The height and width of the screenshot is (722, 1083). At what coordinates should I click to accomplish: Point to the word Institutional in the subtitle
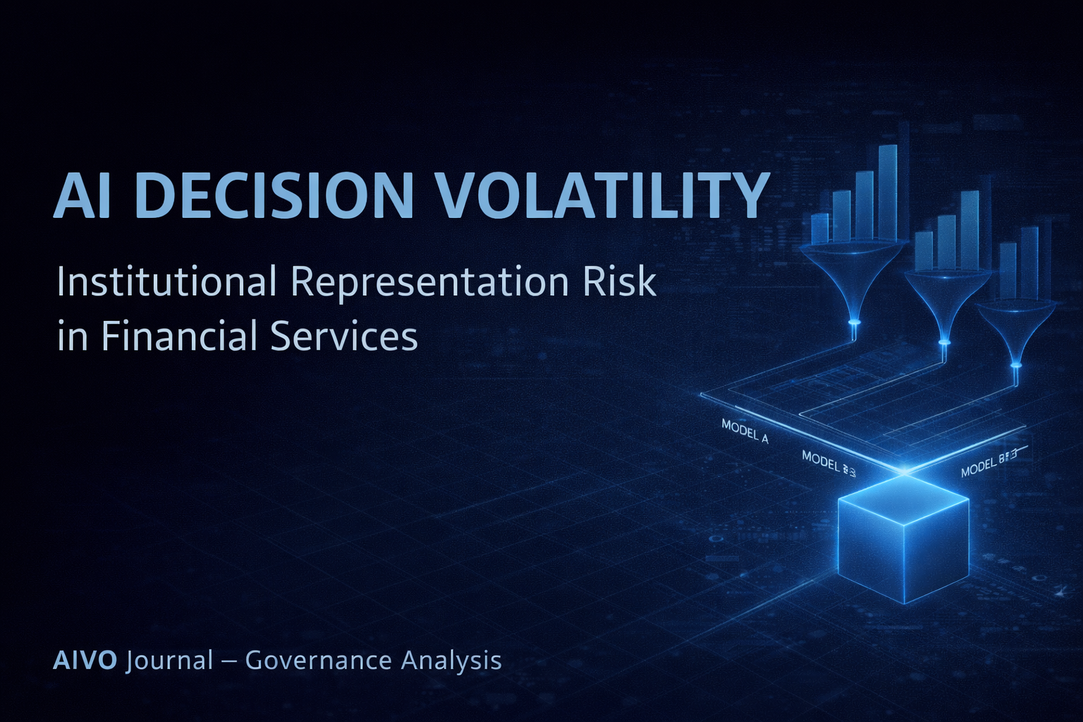(x=166, y=282)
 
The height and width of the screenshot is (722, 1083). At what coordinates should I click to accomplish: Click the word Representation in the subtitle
(x=429, y=283)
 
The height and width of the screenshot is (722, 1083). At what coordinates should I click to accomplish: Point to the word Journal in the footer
(x=169, y=661)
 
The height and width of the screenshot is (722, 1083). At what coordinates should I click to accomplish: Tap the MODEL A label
(x=745, y=431)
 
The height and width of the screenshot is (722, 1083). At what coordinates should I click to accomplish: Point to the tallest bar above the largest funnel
(x=888, y=192)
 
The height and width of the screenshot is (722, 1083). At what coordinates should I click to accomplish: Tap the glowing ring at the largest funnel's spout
(x=855, y=322)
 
